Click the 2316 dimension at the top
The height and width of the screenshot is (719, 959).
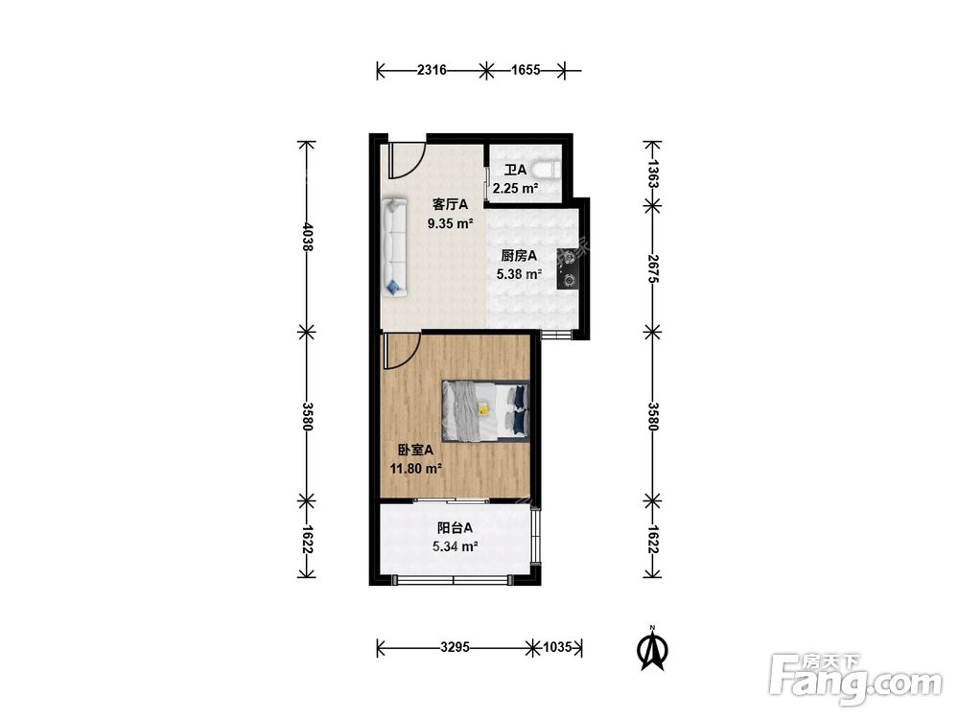[x=432, y=70]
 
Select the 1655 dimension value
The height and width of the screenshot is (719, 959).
[x=526, y=70]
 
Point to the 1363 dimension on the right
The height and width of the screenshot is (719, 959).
[x=652, y=173]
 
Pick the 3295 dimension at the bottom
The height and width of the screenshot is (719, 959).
[x=455, y=646]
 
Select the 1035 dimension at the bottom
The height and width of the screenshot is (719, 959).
[x=557, y=646]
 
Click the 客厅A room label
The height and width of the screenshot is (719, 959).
[x=450, y=204]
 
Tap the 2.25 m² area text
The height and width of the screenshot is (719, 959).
[x=516, y=188]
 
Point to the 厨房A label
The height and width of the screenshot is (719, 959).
[x=519, y=256]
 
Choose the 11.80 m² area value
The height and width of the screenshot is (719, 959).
[x=416, y=469]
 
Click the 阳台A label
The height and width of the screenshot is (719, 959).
[x=455, y=527]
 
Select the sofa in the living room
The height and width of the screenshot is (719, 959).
[x=394, y=247]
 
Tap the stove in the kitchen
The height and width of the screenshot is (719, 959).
[x=568, y=268]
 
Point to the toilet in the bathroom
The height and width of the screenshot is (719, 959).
[x=547, y=168]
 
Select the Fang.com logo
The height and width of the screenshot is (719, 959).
[x=855, y=679]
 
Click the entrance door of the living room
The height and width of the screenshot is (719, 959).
[x=406, y=160]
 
